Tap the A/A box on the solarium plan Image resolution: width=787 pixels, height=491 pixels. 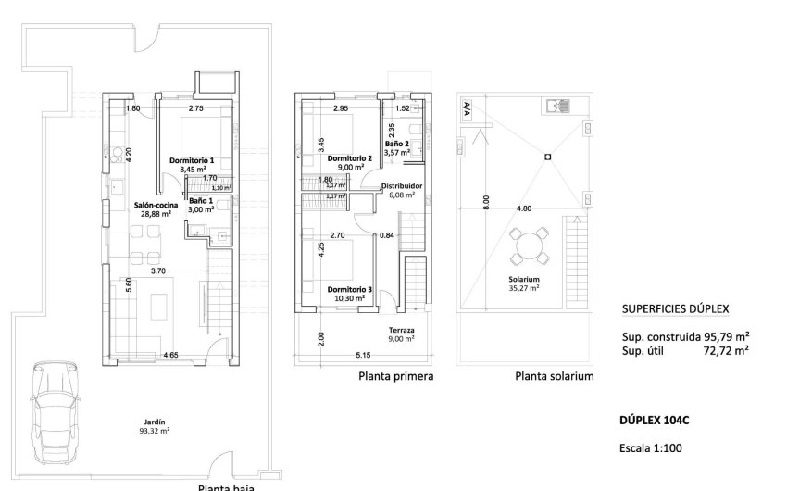point(466,107)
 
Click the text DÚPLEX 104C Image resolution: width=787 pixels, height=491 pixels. point(654,421)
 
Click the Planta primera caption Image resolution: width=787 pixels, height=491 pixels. point(395,377)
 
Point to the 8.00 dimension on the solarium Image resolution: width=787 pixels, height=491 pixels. point(486,203)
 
